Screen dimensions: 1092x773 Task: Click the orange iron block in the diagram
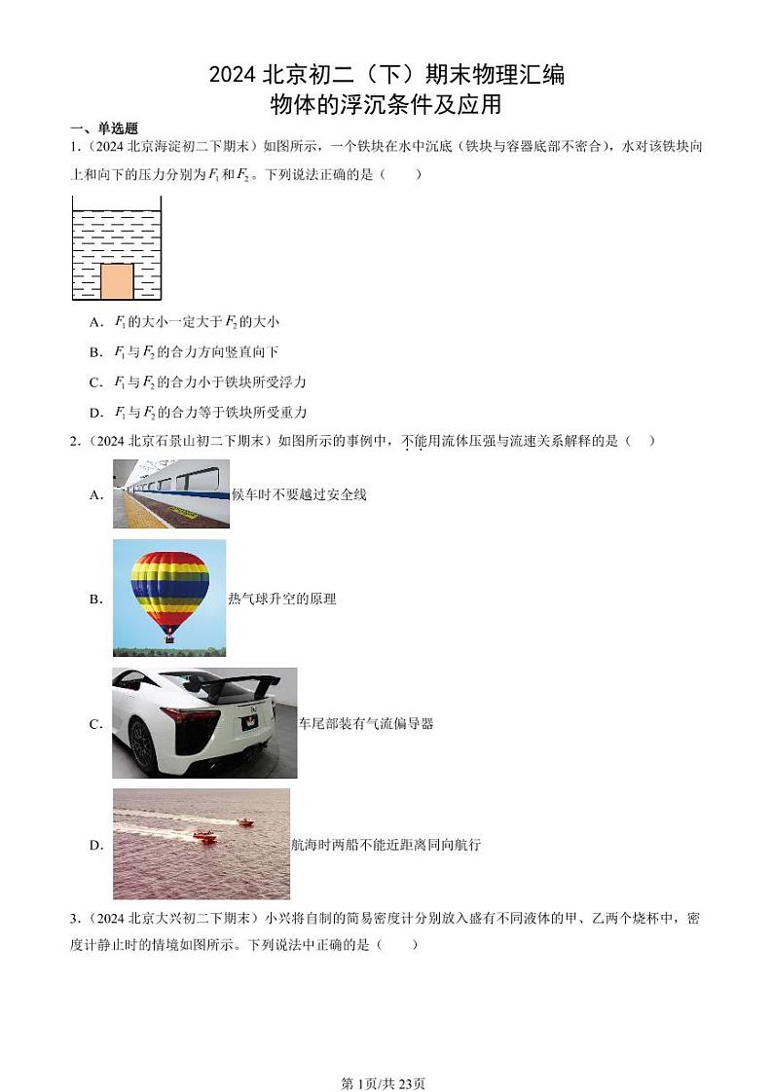117,280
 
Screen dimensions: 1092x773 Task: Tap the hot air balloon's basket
169,637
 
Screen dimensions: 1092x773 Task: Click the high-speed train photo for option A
170,493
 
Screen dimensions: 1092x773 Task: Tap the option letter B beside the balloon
96,600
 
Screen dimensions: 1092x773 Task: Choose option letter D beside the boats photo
96,845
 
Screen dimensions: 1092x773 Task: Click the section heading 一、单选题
104,128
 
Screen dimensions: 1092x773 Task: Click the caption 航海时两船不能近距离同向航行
386,845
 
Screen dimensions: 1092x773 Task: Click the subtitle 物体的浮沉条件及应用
386,103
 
